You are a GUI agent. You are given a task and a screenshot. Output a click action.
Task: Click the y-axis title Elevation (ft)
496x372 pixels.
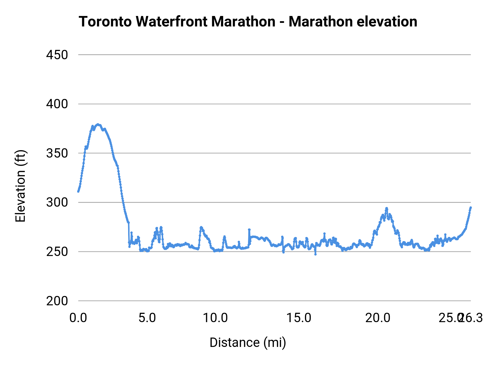[x=20, y=186]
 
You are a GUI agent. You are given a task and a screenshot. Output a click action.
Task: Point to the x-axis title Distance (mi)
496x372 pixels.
[x=248, y=343]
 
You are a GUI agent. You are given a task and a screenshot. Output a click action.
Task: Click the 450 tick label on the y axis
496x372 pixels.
[x=57, y=55]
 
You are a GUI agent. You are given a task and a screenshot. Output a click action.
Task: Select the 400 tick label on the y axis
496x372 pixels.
[x=57, y=104]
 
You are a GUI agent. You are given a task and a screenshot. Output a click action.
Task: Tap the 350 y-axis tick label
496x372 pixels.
[x=57, y=153]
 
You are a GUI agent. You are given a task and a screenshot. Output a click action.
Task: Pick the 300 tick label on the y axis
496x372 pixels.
[x=57, y=203]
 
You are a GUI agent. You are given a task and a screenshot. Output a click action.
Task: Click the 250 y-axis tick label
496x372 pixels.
[x=57, y=252]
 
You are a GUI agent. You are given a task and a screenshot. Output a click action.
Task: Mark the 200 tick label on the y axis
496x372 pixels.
[x=57, y=301]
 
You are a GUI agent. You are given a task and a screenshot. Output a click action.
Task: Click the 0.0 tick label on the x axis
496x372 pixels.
[x=78, y=318]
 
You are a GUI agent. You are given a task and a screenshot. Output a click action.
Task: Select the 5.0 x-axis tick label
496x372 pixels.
[x=147, y=318]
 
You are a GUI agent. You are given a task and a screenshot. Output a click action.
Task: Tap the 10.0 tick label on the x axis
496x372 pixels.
[x=215, y=318]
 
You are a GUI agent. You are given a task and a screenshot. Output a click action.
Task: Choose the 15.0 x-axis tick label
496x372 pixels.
[x=299, y=318]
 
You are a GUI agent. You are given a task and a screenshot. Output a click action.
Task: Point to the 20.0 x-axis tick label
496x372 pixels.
[x=378, y=318]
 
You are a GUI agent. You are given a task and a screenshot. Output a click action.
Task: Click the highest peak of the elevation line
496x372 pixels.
[x=98, y=124]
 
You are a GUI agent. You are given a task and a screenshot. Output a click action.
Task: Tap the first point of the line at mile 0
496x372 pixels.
[x=78, y=191]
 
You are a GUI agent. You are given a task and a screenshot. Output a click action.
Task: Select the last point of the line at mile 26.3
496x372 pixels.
[x=471, y=207]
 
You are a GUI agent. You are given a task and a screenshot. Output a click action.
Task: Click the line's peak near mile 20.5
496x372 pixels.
[x=387, y=208]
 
